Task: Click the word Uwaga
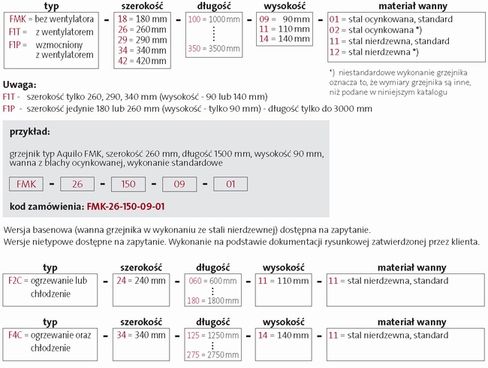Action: tap(20, 86)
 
